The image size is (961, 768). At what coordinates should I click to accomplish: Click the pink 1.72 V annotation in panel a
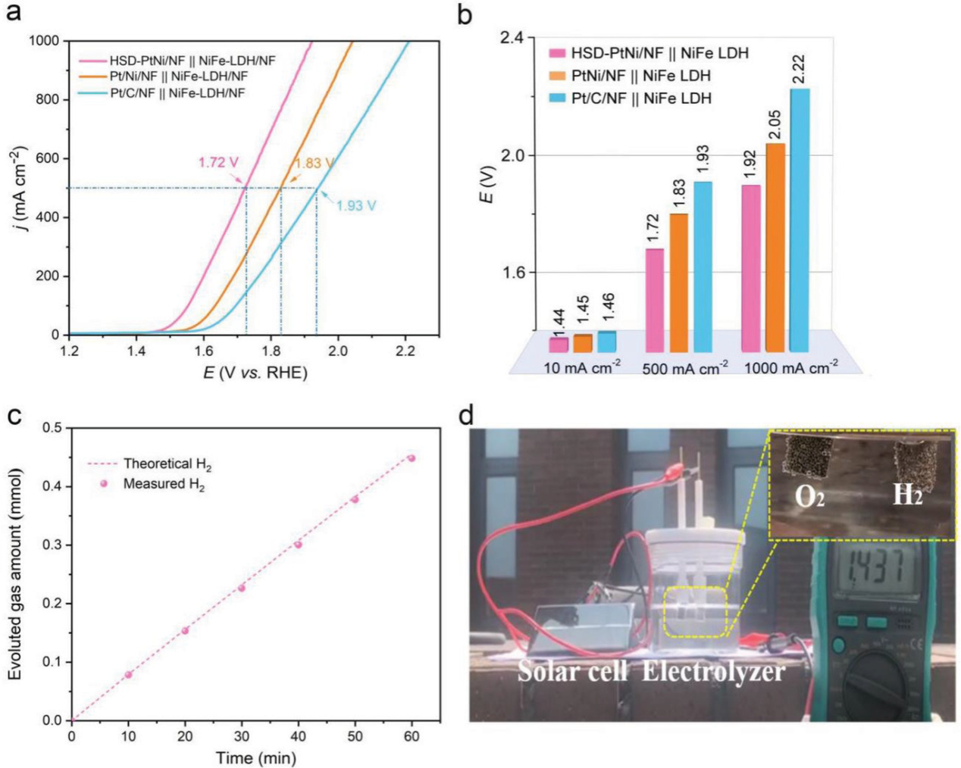(218, 162)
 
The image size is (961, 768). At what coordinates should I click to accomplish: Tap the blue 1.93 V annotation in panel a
(355, 205)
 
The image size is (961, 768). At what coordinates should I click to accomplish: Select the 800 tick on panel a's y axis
(49, 99)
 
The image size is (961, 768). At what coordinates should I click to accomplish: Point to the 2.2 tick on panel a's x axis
(405, 351)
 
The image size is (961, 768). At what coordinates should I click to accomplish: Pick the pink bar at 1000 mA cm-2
(751, 269)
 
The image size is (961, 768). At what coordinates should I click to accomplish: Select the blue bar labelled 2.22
(800, 220)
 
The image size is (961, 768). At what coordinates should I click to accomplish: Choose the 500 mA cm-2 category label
(685, 369)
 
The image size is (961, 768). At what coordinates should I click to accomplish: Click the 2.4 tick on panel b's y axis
(515, 38)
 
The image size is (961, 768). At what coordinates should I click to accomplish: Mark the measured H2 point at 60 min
(412, 458)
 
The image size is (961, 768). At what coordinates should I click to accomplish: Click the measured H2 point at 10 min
(128, 674)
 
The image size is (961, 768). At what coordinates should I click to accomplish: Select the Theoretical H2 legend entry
(167, 464)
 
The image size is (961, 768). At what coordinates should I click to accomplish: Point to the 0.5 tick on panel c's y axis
(52, 428)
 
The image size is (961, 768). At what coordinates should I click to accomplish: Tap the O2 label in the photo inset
(809, 496)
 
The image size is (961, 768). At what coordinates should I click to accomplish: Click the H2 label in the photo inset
(907, 495)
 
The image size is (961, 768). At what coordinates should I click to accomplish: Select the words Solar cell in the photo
(572, 671)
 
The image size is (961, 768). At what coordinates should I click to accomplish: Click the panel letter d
(467, 416)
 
